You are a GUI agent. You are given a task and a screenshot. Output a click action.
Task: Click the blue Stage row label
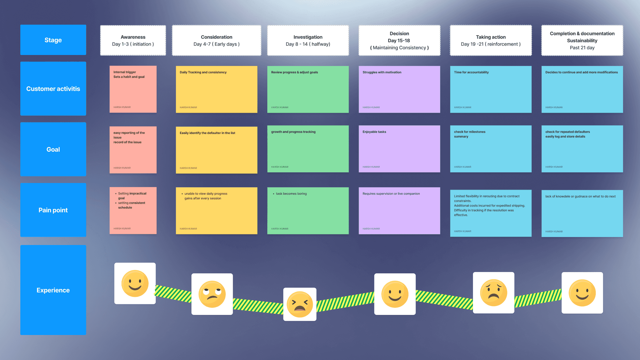[53, 40]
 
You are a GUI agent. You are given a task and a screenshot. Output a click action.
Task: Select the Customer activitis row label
[53, 89]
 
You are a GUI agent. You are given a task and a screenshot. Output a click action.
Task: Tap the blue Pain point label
[53, 210]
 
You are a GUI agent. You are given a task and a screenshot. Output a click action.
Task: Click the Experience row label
[53, 290]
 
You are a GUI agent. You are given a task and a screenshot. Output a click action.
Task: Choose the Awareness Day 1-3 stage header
[133, 40]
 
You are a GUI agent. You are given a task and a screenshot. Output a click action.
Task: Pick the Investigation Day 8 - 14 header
[308, 40]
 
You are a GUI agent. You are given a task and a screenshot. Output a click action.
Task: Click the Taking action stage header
[491, 40]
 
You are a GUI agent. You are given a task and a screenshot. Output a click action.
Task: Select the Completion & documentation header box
[582, 40]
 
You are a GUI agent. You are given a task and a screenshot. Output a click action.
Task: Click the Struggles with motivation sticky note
[399, 89]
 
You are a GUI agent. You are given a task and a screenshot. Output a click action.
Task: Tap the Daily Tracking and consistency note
[216, 89]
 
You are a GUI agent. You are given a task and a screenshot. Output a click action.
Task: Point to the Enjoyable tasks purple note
[399, 149]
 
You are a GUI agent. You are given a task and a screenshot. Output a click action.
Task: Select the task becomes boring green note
[308, 211]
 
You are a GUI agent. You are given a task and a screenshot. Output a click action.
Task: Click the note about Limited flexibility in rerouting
[491, 213]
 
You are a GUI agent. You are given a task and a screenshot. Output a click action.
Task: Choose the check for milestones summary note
[491, 149]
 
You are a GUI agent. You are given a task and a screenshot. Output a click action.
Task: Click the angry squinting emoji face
[300, 304]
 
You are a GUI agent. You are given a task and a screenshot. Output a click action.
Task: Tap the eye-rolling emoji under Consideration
[212, 294]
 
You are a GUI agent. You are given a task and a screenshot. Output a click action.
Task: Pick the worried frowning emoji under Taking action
[493, 293]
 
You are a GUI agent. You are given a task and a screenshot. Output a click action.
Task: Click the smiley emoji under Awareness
[135, 283]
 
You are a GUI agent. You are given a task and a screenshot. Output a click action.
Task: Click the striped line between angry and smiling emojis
[345, 301]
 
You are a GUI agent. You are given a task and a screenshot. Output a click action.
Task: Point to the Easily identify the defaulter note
[216, 150]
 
